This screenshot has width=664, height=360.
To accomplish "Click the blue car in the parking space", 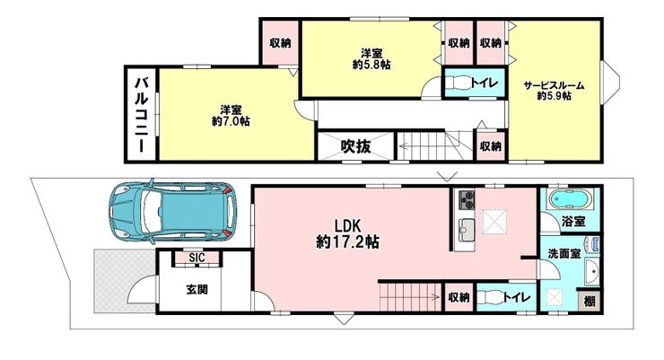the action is tap(173, 211).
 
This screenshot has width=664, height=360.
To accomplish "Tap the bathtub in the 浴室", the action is tap(570, 198).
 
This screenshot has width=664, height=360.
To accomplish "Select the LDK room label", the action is tap(347, 224).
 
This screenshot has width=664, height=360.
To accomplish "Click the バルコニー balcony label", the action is tap(142, 114).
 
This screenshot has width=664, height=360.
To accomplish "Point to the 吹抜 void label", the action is tap(355, 146).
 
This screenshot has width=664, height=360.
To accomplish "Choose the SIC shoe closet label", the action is tap(197, 258).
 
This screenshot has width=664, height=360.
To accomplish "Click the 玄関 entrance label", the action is tap(197, 290).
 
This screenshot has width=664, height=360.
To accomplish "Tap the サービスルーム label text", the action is tap(554, 85).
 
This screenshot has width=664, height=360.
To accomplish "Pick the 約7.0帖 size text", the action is tap(231, 121).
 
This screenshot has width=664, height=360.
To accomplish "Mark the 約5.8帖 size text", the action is tap(371, 65).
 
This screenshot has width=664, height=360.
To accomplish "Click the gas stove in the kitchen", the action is tap(467, 200).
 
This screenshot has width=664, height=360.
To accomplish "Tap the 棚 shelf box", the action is tap(590, 301).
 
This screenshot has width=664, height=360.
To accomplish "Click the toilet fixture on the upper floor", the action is tap(458, 82).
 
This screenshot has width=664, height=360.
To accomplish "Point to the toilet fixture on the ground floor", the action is tap(491, 297).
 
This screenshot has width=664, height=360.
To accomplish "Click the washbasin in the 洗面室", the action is tap(592, 272).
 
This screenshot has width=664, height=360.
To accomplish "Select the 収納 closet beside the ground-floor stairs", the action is tap(459, 297).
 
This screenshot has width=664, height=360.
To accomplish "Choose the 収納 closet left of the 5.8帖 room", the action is tap(280, 43).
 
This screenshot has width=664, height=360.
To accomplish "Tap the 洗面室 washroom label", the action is tap(564, 254).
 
